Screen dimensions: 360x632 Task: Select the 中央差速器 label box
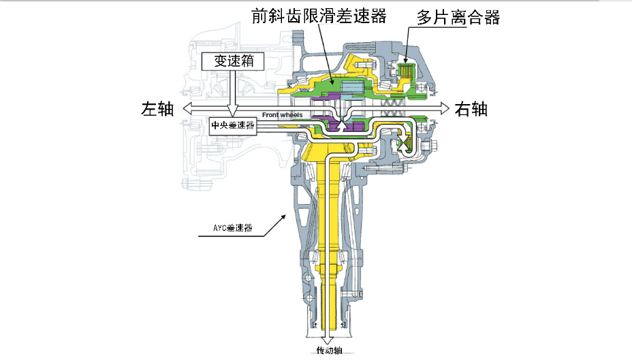(x=233, y=125)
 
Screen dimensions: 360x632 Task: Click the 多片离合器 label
(x=458, y=18)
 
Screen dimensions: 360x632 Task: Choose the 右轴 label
(x=471, y=108)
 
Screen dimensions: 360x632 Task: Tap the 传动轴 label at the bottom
(x=329, y=351)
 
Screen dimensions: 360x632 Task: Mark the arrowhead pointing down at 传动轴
(x=328, y=340)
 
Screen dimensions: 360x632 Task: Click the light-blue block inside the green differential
(x=351, y=86)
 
